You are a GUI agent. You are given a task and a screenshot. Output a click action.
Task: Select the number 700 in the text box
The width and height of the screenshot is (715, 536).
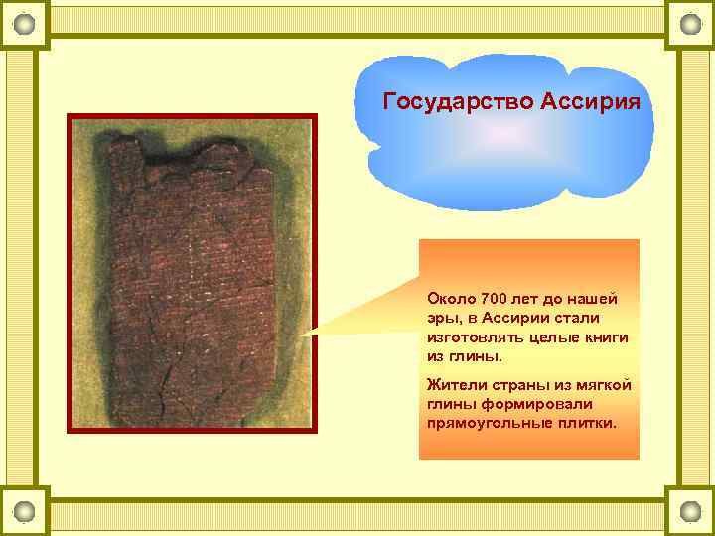coord(494,298)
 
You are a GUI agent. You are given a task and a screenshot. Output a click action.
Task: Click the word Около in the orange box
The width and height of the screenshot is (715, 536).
coord(450,298)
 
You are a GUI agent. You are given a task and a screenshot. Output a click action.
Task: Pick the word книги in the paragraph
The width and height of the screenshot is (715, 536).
coord(607,337)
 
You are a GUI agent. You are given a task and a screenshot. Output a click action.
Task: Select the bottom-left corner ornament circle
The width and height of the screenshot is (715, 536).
coord(25,511)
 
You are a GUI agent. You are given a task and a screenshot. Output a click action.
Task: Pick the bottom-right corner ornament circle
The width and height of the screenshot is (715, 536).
coord(689,511)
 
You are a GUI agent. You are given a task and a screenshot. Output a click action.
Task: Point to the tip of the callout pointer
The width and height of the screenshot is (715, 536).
coord(304,334)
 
